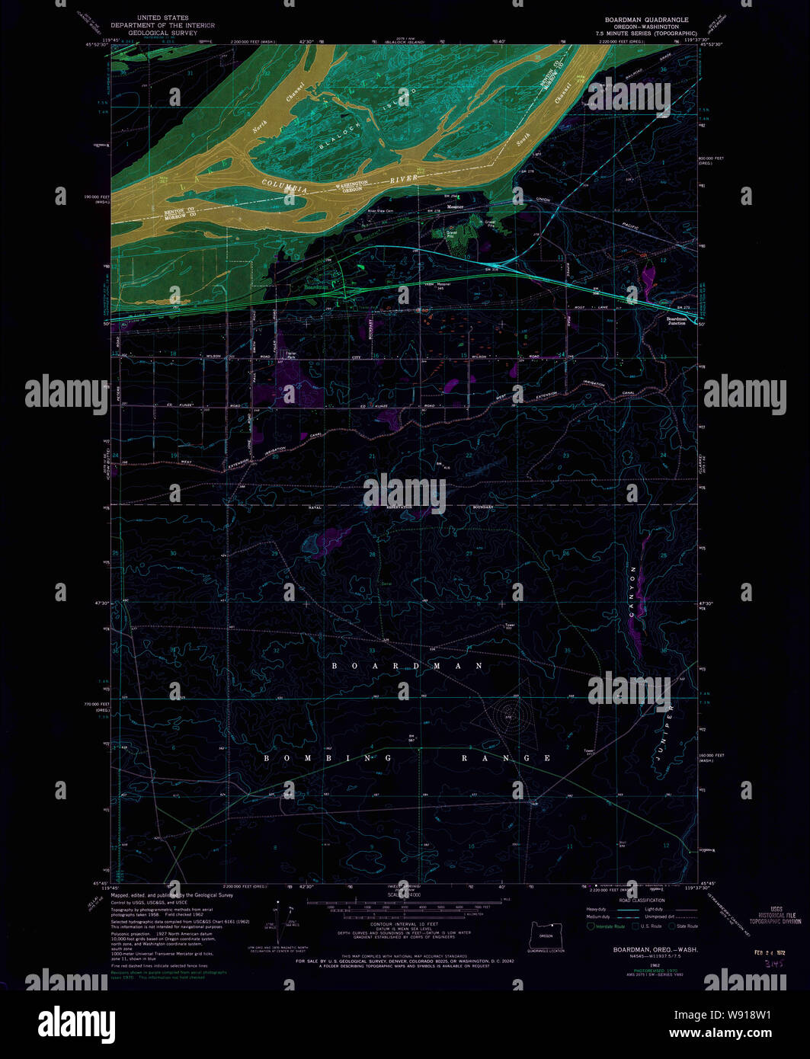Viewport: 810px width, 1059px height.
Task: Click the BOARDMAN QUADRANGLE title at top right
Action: tap(646, 20)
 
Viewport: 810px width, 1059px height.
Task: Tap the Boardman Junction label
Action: tap(676, 321)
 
